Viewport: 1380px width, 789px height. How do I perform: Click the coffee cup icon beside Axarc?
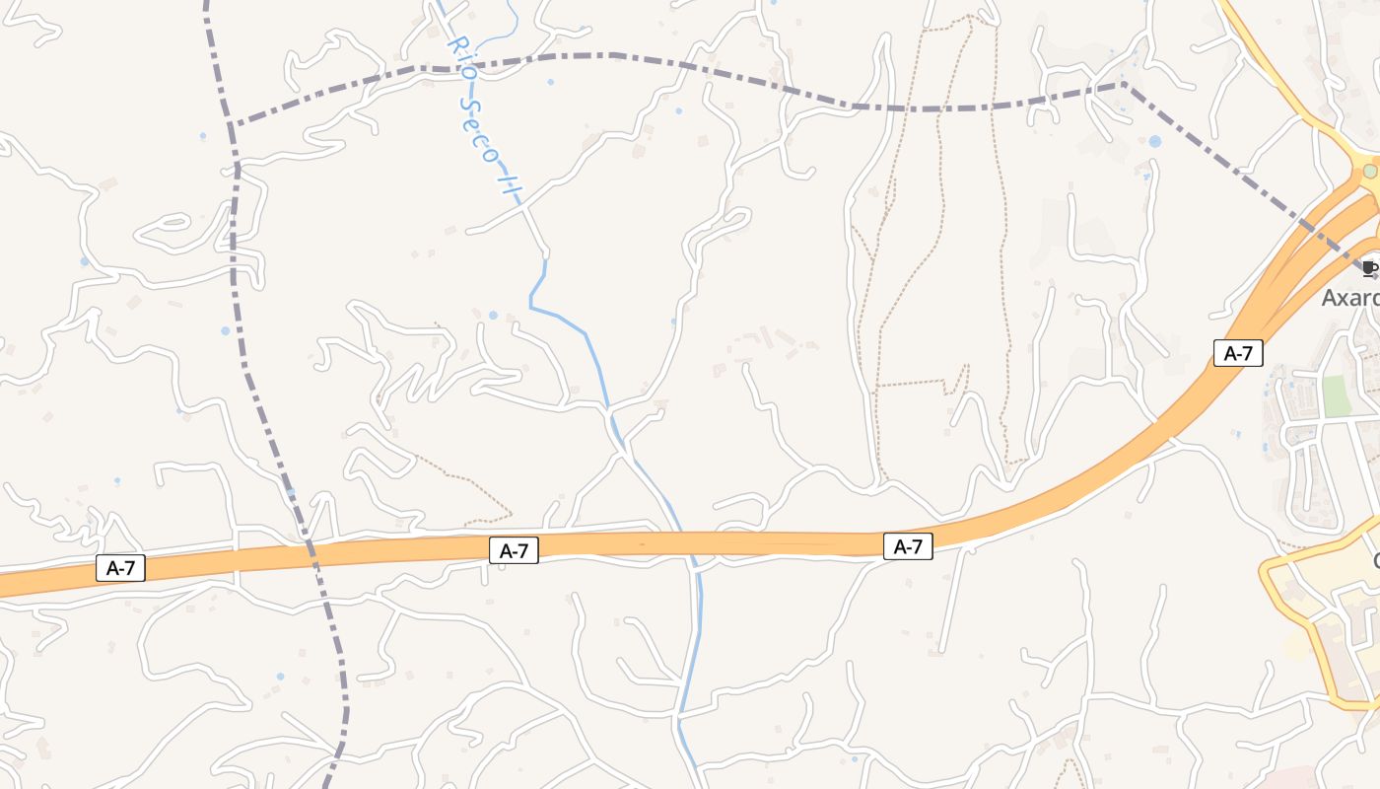pyautogui.click(x=1368, y=267)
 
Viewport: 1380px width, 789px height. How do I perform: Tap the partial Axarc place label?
pyautogui.click(x=1351, y=297)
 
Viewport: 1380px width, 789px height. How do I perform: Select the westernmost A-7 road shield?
pyautogui.click(x=120, y=567)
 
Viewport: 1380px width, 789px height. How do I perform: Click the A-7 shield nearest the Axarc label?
pyautogui.click(x=1238, y=352)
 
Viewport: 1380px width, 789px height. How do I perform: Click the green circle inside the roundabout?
pyautogui.click(x=1369, y=171)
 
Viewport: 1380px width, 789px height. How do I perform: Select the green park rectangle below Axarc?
pyautogui.click(x=1336, y=395)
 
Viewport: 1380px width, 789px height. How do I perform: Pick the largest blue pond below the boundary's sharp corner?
pyautogui.click(x=1154, y=142)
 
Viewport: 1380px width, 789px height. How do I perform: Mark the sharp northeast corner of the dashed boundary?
pyautogui.click(x=1124, y=85)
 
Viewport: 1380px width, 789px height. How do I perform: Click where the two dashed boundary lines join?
pyautogui.click(x=233, y=125)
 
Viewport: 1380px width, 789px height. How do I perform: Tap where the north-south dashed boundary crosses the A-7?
pyautogui.click(x=309, y=552)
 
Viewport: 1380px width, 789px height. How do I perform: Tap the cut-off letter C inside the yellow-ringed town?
pyautogui.click(x=1376, y=561)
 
